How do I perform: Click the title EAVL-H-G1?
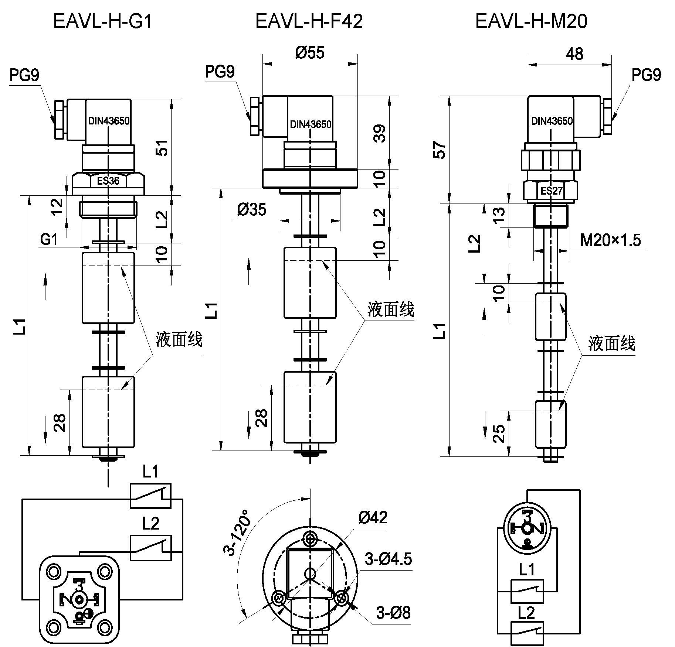pos(103,21)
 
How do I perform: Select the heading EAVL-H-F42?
pos(309,21)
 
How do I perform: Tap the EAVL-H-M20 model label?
pos(531,21)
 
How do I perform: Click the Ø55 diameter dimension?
pos(310,53)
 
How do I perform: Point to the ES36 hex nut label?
pos(108,181)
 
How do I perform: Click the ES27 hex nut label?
pos(551,191)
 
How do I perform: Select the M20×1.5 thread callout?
pos(610,240)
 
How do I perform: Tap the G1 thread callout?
pos(49,240)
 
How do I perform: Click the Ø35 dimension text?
pos(251,210)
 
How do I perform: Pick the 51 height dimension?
pos(162,147)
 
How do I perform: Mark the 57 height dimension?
pos(441,150)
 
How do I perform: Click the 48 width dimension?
pos(574,54)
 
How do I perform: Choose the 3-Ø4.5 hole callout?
pos(388,559)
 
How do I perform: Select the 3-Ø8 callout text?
pos(393,613)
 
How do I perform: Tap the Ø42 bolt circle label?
pos(373,518)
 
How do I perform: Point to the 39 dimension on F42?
pos(380,134)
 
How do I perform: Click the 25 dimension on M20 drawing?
pos(499,433)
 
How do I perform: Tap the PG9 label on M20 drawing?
pos(646,75)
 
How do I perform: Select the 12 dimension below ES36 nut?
pos(57,207)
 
